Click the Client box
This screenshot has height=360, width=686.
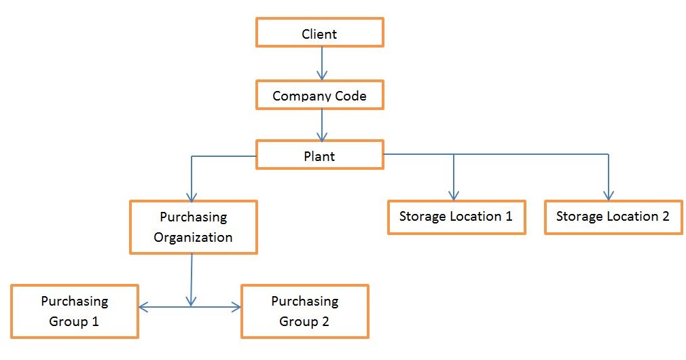tap(319, 33)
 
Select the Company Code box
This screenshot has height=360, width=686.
tap(319, 95)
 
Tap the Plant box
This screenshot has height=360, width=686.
tap(319, 156)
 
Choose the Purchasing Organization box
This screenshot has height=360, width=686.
tap(193, 227)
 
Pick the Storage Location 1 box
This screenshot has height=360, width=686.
tap(456, 217)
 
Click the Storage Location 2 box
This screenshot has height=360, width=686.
tap(613, 217)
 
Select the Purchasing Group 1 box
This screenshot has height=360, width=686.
tap(74, 311)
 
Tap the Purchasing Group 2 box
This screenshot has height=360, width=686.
tap(304, 311)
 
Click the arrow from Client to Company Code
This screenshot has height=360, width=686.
tap(322, 63)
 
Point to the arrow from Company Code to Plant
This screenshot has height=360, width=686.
tap(322, 124)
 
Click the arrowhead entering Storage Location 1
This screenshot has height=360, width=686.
tap(453, 195)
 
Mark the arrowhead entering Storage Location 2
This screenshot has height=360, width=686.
tap(608, 195)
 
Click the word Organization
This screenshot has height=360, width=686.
tap(193, 237)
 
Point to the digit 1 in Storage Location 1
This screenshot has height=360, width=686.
tap(508, 217)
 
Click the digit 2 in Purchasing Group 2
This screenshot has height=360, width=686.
tap(325, 321)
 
